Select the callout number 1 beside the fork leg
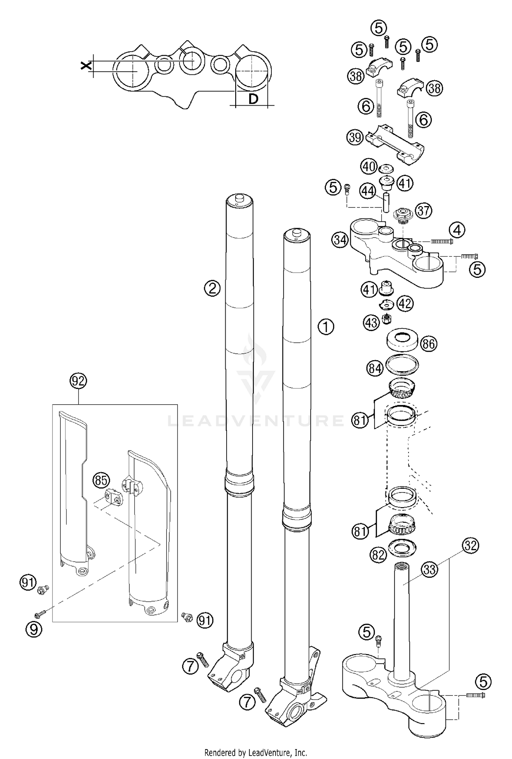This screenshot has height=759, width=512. [x=326, y=327]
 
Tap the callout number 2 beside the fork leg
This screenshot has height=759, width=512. [x=212, y=289]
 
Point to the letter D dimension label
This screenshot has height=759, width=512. [x=253, y=99]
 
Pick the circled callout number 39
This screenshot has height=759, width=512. [x=355, y=137]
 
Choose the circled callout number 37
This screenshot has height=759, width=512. [x=423, y=211]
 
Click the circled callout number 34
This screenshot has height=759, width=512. [x=340, y=240]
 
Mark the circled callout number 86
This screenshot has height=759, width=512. [x=428, y=344]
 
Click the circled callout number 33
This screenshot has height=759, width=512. [x=429, y=570]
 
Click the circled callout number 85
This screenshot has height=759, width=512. [x=101, y=481]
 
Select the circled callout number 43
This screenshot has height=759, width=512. [x=372, y=322]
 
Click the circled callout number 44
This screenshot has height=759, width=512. [x=368, y=192]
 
